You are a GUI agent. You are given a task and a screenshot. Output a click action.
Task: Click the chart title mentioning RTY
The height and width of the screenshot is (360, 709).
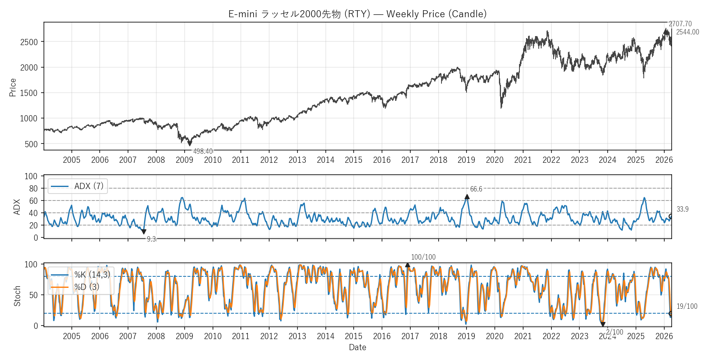[357, 14]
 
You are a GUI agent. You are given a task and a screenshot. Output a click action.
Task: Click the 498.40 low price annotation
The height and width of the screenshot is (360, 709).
[203, 151]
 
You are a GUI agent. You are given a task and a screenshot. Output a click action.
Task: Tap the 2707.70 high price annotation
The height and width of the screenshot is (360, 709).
[680, 24]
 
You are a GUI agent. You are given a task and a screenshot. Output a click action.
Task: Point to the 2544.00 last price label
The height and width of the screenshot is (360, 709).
[687, 32]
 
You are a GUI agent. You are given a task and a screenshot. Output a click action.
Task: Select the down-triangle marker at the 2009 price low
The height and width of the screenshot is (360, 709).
[190, 144]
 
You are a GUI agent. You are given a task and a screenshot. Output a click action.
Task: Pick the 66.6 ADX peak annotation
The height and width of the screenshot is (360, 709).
[476, 189]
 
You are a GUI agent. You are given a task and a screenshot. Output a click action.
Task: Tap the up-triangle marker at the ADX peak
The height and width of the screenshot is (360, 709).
[467, 197]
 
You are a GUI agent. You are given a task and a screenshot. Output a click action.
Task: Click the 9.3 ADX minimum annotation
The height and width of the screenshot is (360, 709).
[151, 239]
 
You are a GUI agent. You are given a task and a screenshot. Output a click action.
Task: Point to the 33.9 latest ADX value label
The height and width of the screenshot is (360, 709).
[682, 209]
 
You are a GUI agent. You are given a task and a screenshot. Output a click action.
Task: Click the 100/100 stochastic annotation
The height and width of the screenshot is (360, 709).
[423, 257]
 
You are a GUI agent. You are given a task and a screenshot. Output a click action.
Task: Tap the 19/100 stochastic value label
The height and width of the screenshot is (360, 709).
[686, 306]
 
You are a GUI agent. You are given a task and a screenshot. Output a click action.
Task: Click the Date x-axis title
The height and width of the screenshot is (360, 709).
[357, 347]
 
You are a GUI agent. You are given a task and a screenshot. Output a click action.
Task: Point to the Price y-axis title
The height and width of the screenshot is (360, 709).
[13, 87]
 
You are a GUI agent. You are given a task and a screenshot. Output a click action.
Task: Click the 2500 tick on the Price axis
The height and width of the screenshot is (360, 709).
[29, 42]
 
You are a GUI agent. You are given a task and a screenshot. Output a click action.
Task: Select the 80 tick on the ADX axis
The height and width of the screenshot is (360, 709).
[33, 189]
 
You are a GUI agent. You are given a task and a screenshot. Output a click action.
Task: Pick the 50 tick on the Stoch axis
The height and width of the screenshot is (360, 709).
[33, 295]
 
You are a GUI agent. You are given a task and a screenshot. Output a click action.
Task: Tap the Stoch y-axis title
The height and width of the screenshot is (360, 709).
[17, 296]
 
